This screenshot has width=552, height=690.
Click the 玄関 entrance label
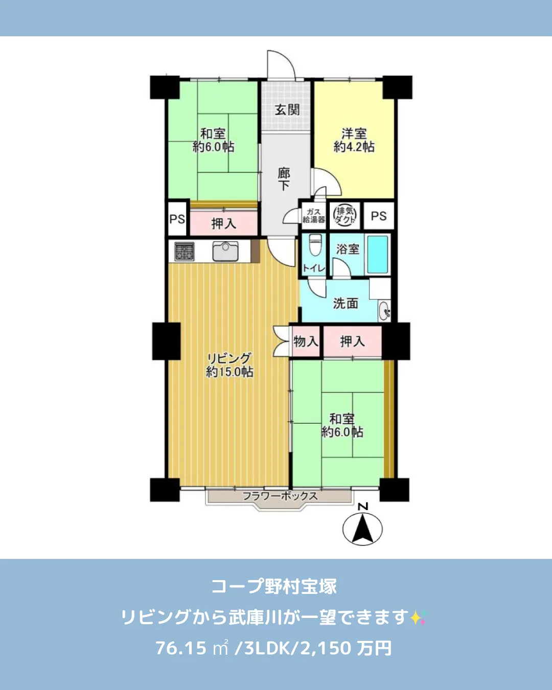click(287, 109)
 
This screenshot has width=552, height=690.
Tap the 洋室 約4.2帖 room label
click(354, 140)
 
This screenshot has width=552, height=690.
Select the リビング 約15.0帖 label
click(229, 365)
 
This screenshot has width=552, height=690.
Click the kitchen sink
click(225, 251)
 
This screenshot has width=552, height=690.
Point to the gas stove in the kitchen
click(184, 251)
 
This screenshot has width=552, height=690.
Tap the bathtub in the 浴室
click(378, 254)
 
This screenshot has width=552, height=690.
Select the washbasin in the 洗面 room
click(384, 310)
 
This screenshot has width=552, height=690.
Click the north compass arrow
click(362, 528)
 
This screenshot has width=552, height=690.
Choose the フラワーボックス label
click(280, 495)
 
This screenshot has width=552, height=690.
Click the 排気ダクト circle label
click(345, 215)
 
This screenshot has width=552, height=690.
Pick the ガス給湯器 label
click(313, 216)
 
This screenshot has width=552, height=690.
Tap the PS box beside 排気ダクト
click(378, 216)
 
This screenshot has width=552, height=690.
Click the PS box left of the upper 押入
click(177, 219)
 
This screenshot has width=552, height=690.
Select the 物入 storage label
click(306, 341)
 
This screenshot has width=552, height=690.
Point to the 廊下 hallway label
click(284, 179)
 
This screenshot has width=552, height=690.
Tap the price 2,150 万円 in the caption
click(346, 648)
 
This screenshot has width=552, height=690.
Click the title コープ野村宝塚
click(274, 586)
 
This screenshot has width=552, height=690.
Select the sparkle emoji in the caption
click(418, 617)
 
